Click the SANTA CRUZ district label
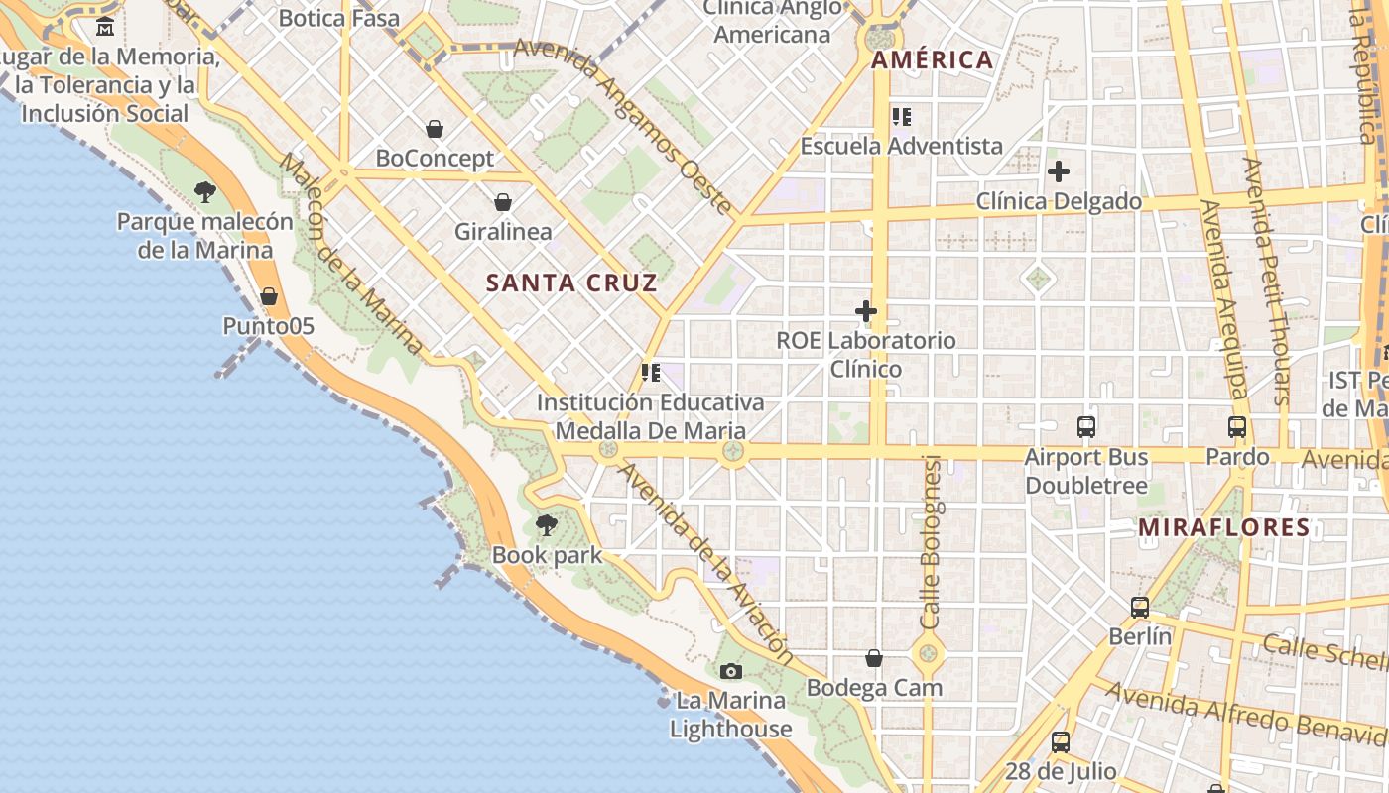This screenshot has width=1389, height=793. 571,283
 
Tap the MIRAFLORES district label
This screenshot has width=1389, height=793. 1224,527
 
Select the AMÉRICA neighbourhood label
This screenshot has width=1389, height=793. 932,60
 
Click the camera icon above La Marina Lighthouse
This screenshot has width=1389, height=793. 731,672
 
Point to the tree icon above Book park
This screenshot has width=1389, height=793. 546,525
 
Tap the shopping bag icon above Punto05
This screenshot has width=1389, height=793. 268,296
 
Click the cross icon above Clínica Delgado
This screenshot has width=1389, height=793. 1059,171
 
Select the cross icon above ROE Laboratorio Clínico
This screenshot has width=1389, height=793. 866,311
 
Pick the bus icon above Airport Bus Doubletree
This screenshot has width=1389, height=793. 1086,427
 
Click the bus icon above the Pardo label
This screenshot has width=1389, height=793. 1237,427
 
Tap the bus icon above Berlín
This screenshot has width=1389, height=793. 1140,607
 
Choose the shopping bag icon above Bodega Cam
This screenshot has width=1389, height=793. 874,658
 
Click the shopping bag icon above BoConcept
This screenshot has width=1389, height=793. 435,129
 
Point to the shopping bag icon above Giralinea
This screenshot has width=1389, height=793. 503,202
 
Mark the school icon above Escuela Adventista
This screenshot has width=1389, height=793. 902,117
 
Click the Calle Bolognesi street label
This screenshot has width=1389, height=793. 930,541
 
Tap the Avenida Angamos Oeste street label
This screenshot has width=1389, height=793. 624,127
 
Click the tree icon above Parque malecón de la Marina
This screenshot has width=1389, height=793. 205,192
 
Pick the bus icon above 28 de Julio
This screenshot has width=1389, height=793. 1061,741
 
